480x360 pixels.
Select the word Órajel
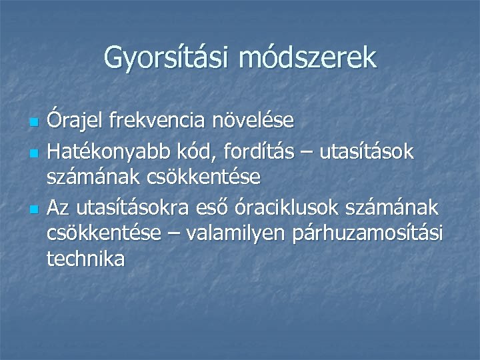(75, 121)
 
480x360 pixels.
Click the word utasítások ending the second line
(367, 152)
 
